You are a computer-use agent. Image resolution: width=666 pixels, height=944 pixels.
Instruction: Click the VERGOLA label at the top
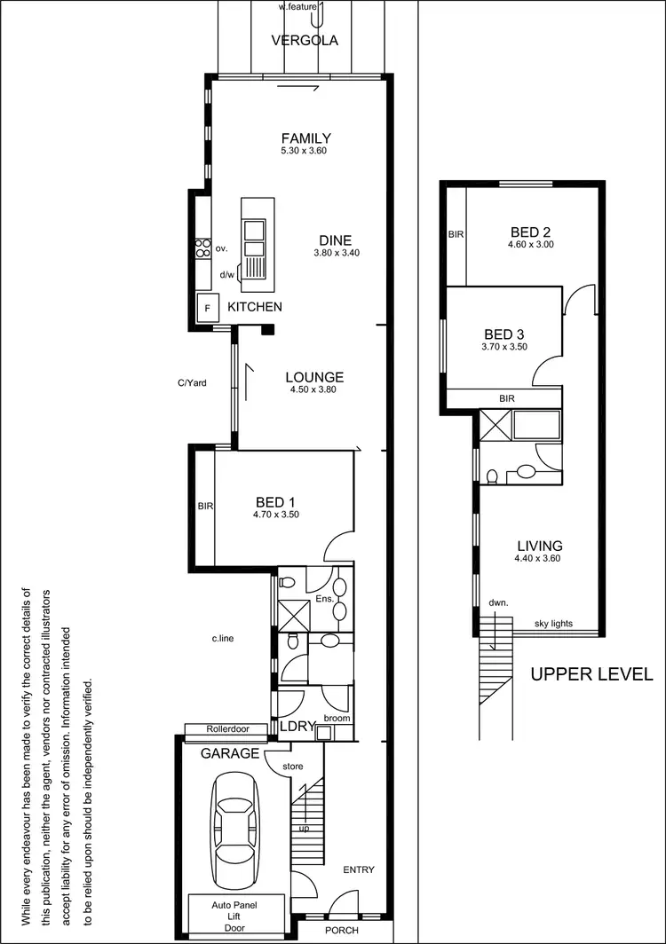305,41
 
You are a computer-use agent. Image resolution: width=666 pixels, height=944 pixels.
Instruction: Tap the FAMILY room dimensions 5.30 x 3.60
305,152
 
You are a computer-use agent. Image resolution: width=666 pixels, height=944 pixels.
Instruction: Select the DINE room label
335,240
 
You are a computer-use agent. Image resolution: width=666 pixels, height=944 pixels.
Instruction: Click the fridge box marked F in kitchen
209,308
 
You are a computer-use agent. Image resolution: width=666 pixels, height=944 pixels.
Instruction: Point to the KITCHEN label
255,307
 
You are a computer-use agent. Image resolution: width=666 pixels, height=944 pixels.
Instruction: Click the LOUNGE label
314,377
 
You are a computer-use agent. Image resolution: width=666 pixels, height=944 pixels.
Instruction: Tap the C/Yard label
193,383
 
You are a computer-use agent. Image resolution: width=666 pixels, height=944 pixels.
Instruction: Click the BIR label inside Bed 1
205,507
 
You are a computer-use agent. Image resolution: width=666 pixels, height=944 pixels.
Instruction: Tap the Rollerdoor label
227,729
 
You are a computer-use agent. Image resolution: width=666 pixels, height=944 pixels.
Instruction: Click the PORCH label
343,930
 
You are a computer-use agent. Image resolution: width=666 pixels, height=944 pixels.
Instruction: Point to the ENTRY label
358,869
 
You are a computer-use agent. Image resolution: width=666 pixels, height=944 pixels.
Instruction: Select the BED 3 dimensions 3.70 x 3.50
504,347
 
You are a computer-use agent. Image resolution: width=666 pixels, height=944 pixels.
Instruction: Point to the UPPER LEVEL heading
591,674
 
